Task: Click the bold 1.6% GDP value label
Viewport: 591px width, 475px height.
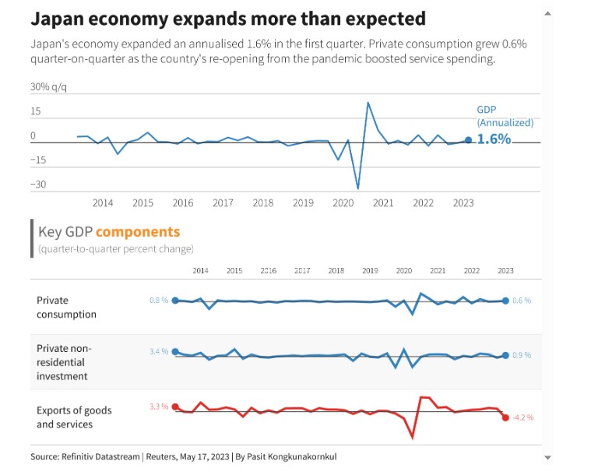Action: [x=494, y=139]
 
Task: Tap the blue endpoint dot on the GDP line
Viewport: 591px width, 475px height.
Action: [x=468, y=140]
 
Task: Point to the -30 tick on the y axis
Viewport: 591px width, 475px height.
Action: [x=39, y=185]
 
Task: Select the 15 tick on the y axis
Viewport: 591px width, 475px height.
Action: [x=36, y=111]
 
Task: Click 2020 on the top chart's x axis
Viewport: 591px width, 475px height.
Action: [x=343, y=203]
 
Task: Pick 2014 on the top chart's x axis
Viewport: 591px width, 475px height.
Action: [x=103, y=203]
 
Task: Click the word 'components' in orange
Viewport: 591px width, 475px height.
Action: [x=138, y=231]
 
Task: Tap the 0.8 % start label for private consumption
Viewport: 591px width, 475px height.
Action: [x=159, y=301]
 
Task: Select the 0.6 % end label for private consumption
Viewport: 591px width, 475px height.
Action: [x=522, y=301]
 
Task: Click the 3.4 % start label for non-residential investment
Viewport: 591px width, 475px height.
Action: [x=159, y=352]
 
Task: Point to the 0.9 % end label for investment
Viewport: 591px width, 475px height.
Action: [x=522, y=355]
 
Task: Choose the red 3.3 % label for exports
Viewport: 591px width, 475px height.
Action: [x=159, y=406]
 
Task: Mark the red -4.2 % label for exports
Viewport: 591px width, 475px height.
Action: [x=523, y=418]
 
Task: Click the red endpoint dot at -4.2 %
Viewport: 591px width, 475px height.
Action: [x=505, y=418]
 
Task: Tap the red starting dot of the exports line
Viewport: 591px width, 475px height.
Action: [x=175, y=406]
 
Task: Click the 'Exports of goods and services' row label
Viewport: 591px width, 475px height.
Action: [x=74, y=417]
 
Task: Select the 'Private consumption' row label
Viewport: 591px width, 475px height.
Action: [x=66, y=307]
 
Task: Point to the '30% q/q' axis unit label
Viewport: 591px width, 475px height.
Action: [x=47, y=87]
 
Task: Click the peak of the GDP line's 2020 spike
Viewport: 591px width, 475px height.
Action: [x=368, y=103]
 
